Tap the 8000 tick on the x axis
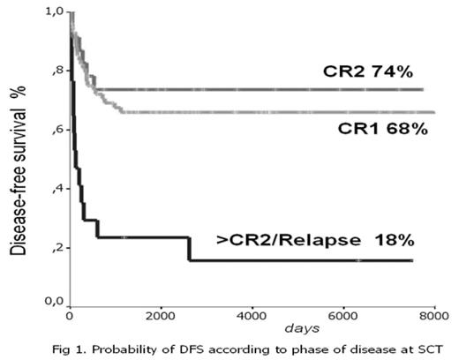pos(433,315)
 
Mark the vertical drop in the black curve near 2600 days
pos(189,249)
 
